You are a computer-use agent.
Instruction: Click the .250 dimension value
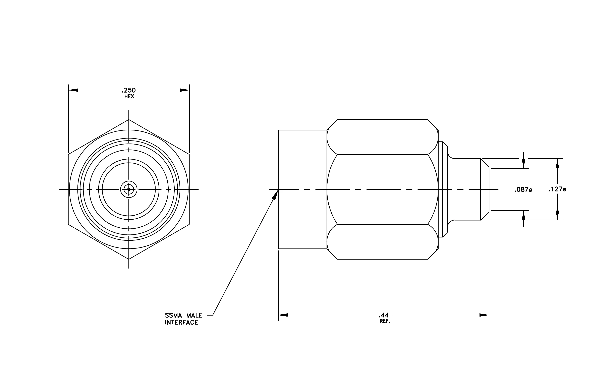click(x=129, y=90)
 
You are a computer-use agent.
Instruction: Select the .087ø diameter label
click(x=523, y=190)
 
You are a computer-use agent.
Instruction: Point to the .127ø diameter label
click(x=557, y=189)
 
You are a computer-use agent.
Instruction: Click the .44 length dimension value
click(x=384, y=315)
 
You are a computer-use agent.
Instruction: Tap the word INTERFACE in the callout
click(x=181, y=323)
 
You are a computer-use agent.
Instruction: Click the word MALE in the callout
click(x=194, y=315)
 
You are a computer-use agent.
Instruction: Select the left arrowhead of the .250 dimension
click(x=73, y=90)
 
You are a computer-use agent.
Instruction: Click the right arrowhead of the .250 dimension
click(x=184, y=90)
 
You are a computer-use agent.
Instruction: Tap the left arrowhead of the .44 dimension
click(x=283, y=315)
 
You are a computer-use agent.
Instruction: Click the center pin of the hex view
click(x=129, y=189)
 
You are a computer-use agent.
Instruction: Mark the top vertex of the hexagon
click(x=129, y=119)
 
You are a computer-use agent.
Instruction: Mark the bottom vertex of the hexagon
click(x=129, y=259)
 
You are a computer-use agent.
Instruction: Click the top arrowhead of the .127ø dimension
click(x=557, y=163)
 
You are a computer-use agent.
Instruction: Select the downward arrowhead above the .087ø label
click(x=523, y=163)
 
